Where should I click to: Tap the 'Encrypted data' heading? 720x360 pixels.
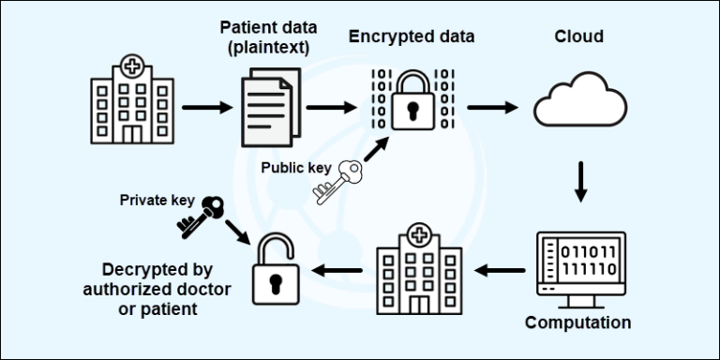coord(412,37)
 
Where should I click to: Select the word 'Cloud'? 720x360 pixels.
coord(578,37)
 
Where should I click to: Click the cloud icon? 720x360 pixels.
coord(579,100)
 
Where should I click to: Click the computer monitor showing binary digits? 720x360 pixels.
coord(578,266)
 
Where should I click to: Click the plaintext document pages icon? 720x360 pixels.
coord(268,109)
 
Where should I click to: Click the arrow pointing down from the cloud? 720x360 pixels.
coord(580,181)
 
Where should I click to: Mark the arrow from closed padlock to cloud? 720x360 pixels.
coord(492,107)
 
